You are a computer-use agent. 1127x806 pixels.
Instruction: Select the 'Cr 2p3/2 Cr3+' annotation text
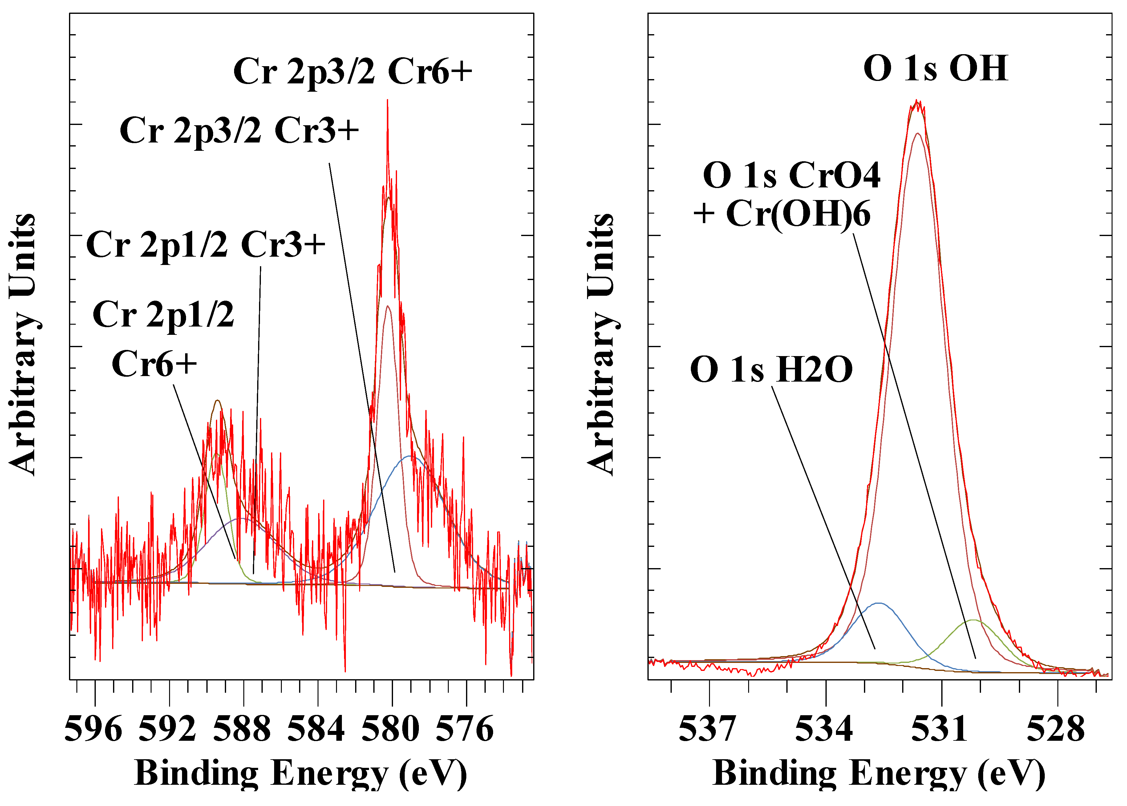pos(239,130)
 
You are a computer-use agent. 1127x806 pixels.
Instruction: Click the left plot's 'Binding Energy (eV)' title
pos(301,773)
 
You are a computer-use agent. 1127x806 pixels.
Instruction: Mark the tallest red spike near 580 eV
pos(387,101)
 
